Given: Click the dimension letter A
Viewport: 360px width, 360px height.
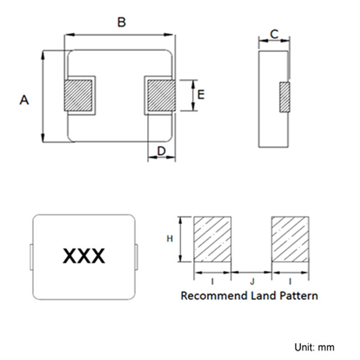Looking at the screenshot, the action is click(x=25, y=100).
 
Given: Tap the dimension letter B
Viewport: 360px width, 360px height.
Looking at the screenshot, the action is click(x=121, y=22).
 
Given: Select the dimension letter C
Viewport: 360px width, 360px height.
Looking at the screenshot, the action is click(x=274, y=34).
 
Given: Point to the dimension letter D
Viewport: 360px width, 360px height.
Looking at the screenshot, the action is click(x=161, y=151).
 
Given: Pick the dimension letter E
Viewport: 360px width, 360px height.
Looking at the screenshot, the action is click(x=201, y=95).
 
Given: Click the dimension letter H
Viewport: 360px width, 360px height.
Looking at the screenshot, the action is click(x=170, y=239).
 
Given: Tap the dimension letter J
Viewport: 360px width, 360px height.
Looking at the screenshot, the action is click(x=253, y=281).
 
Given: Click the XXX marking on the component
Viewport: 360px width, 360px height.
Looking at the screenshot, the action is click(x=84, y=256).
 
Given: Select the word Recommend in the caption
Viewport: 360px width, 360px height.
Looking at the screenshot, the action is click(x=214, y=295).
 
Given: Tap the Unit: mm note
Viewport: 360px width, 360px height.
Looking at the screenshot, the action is click(x=314, y=347).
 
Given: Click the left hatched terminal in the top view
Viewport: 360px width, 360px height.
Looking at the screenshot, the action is click(x=78, y=95).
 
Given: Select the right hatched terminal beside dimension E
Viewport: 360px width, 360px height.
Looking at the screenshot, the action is click(x=161, y=95).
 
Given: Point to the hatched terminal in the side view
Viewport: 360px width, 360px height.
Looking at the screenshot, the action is click(x=284, y=97).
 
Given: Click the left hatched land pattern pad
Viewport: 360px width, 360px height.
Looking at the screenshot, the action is click(x=212, y=239).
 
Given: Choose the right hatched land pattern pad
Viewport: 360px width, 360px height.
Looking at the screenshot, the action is click(x=290, y=239).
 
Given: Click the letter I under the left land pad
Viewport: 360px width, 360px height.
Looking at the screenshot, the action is click(x=212, y=281).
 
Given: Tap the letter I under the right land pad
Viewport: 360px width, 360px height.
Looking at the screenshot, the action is click(x=290, y=281).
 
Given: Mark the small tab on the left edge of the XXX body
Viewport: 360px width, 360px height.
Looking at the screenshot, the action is click(x=31, y=257).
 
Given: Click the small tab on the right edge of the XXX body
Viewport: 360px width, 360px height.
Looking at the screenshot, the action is click(x=136, y=257).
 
